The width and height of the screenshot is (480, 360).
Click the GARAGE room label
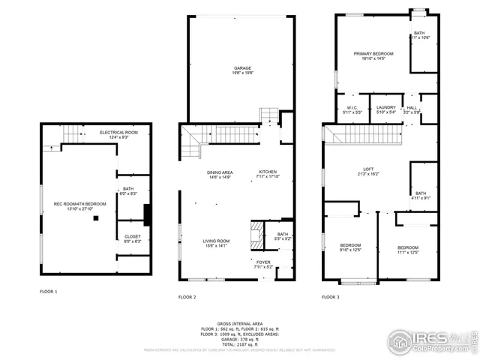pyautogui.click(x=241, y=68)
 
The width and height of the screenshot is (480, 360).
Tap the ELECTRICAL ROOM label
pyautogui.click(x=118, y=132)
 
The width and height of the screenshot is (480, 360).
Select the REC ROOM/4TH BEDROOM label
pyautogui.click(x=79, y=204)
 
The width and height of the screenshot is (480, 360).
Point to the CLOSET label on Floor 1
pyautogui.click(x=132, y=236)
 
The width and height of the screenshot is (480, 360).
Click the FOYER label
pyautogui.click(x=262, y=262)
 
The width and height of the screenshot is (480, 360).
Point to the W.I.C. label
pyautogui.click(x=354, y=108)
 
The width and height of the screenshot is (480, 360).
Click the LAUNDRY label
pyautogui.click(x=385, y=108)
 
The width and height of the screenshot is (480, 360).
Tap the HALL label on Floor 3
pyautogui.click(x=412, y=108)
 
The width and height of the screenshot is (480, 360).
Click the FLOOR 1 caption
pyautogui.click(x=49, y=291)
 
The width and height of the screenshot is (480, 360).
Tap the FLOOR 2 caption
pyautogui.click(x=187, y=297)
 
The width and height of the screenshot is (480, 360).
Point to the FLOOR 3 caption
pyautogui.click(x=331, y=297)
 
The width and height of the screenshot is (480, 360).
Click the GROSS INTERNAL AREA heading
pyautogui.click(x=240, y=323)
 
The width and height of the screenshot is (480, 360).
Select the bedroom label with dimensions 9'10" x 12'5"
pyautogui.click(x=350, y=247)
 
